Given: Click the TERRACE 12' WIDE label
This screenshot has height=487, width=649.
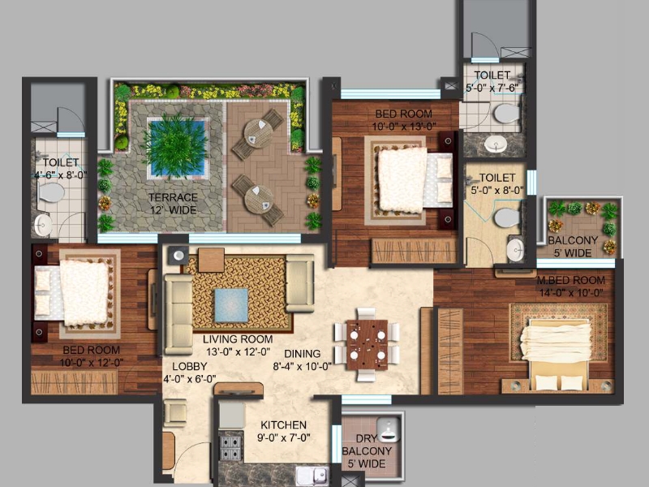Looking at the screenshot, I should click(172, 204).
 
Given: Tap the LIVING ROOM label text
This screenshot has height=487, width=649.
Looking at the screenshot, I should click(238, 339).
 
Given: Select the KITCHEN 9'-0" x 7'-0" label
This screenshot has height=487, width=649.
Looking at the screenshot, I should click(283, 431).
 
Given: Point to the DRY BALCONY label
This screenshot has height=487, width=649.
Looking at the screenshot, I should click(367, 451).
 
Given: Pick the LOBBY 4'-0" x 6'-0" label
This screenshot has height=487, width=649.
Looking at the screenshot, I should click(189, 373).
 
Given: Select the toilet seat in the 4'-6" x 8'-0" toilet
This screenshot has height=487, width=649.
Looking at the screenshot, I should click(53, 192).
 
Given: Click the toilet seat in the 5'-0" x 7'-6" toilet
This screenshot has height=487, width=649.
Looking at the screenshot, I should click(505, 113).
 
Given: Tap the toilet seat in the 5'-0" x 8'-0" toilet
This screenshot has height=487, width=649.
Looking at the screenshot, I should click(507, 218).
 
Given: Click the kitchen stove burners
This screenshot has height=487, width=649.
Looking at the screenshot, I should click(231, 446).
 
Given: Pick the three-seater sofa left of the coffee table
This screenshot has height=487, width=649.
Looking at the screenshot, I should click(177, 312).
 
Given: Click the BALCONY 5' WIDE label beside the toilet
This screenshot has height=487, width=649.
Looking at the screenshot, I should click(572, 247).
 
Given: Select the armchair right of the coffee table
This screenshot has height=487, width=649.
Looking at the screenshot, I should click(299, 283).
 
